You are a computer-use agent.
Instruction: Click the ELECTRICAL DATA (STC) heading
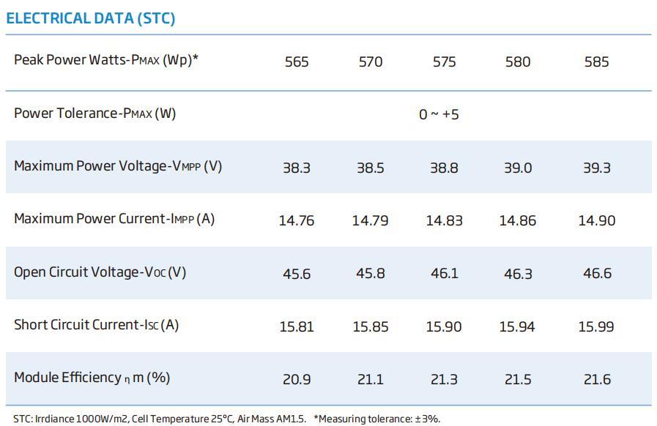tap(91, 18)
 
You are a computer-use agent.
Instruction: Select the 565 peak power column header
tap(297, 62)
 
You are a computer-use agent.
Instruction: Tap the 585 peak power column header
tap(596, 62)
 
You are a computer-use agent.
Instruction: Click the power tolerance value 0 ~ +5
tap(439, 115)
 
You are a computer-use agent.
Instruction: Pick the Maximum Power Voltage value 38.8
tap(444, 168)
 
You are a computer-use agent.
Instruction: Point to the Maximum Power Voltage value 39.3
tap(596, 168)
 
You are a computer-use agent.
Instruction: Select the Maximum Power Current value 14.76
tap(297, 220)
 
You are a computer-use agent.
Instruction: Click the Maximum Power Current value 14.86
tap(517, 220)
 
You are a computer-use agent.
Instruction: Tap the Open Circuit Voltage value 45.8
tap(370, 274)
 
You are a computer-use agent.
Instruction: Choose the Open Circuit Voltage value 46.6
tap(596, 274)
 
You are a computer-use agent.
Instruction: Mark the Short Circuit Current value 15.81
tap(297, 326)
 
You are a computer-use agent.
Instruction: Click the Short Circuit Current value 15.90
tap(444, 326)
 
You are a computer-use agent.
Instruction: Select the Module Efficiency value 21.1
tap(370, 379)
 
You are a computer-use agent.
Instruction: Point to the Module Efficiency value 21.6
tap(596, 379)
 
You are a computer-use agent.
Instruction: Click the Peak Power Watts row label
tap(106, 60)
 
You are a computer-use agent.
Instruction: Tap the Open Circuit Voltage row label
tap(100, 272)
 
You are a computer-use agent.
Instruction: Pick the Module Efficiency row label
tap(92, 378)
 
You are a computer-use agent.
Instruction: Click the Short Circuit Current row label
tap(96, 325)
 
